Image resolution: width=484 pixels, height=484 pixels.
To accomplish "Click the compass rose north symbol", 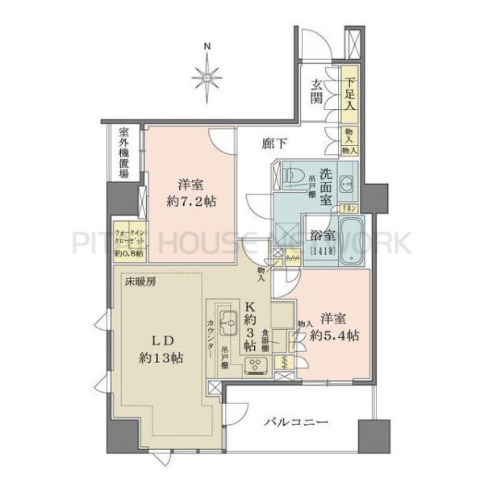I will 207,77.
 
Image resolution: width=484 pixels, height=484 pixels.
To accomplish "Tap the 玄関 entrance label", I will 319,92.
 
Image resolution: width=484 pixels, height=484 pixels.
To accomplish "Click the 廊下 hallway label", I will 275,144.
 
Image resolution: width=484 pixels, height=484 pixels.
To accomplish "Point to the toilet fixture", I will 292,175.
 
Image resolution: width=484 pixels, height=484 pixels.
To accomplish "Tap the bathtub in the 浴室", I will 348,240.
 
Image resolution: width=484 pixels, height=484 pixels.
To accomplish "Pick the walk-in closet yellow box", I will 129,240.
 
